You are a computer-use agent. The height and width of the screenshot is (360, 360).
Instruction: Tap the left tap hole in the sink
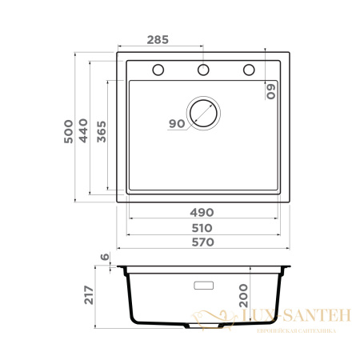(x=158, y=70)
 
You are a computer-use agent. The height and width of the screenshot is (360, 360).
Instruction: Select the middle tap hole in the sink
(x=203, y=70)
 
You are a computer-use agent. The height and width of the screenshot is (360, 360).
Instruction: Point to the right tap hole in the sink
(x=248, y=70)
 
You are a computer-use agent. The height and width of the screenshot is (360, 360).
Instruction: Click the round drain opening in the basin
(x=203, y=113)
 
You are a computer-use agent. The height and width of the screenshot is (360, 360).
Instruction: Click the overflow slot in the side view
(x=203, y=284)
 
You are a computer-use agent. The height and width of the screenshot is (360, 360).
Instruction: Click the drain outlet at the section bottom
(x=203, y=327)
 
